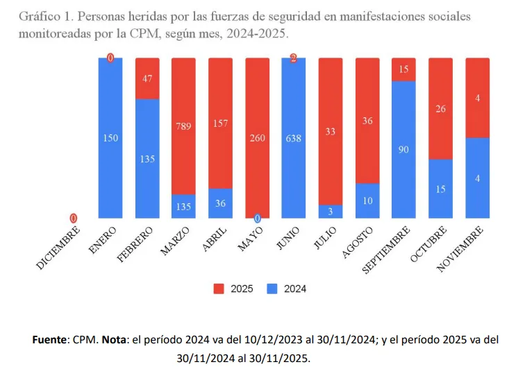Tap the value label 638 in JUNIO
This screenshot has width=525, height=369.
[293, 138]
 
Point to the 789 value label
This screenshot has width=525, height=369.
[183, 126]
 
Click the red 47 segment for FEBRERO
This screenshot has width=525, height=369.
[147, 78]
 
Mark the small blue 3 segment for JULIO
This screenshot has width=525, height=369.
[330, 211]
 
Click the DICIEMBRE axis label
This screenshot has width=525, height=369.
[58, 247]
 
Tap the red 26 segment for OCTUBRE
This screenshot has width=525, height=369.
[440, 108]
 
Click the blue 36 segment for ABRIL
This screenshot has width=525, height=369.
[220, 203]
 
